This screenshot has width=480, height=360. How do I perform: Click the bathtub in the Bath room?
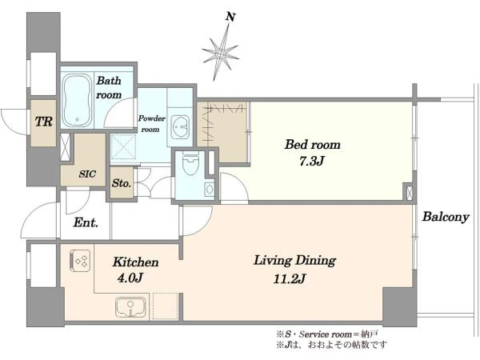click(x=77, y=101)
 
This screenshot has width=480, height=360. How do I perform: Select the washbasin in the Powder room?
click(x=180, y=126)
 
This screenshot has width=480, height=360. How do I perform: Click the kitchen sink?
click(x=130, y=307)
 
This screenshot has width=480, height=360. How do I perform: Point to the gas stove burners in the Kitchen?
click(x=80, y=261)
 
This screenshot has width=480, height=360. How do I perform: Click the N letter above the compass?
click(x=230, y=17)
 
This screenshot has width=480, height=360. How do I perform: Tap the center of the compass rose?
click(x=221, y=54)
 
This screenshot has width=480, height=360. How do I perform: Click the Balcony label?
click(x=446, y=217)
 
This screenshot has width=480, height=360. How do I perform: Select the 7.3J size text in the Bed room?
click(x=311, y=161)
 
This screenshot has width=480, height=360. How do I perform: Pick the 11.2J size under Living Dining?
click(x=290, y=278)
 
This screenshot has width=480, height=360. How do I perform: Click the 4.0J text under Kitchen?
click(x=130, y=278)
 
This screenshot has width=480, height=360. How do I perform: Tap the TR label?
click(x=44, y=122)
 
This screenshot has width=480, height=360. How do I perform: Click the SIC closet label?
click(x=87, y=174)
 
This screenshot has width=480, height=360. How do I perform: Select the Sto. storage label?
click(x=122, y=183)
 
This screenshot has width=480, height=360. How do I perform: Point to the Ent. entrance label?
click(x=86, y=222)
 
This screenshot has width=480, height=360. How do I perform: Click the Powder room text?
click(x=151, y=124)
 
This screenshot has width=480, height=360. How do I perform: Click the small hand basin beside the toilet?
click(x=210, y=189)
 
